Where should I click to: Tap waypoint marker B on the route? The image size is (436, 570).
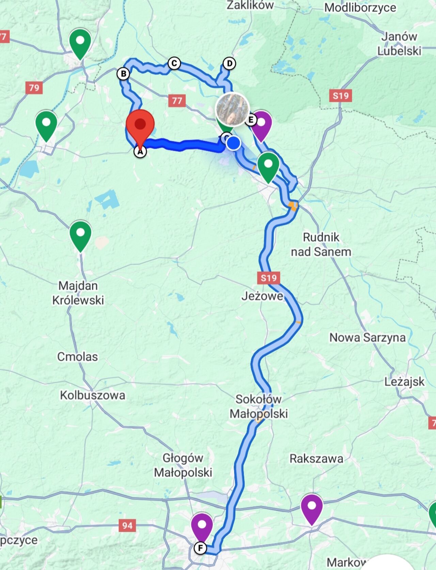123,74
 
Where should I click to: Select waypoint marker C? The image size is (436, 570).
174,63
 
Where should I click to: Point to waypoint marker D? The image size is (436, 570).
229,63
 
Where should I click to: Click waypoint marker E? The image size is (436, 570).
251,120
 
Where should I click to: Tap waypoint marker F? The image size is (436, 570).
200,548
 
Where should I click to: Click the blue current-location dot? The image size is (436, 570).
233,143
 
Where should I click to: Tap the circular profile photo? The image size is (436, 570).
232,109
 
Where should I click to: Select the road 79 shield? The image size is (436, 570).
34,88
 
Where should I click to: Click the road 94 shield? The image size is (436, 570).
127,525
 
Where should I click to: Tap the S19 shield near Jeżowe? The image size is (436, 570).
269,278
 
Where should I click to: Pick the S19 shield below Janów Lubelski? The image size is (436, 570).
341,96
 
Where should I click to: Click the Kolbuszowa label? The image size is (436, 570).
93,395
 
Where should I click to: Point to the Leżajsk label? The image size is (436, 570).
404,382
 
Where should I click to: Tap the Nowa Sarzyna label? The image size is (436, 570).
367,337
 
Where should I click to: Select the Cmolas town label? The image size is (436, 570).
77,356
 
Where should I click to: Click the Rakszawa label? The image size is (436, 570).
316,459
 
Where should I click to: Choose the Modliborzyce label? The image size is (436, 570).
360,7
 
